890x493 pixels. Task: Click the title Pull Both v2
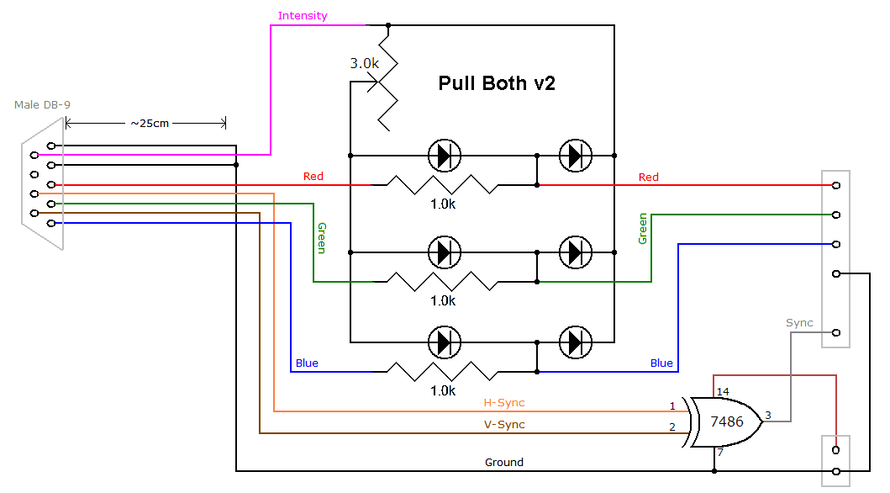click(x=497, y=84)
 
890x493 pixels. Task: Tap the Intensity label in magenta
click(x=303, y=16)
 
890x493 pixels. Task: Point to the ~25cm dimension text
click(x=149, y=123)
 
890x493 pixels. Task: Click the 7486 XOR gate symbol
click(x=726, y=421)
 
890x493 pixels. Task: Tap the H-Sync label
click(x=504, y=403)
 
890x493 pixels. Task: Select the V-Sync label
click(x=504, y=424)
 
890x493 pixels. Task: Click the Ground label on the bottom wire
click(x=504, y=462)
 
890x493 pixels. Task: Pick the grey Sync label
click(x=799, y=323)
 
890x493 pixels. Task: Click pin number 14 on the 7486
click(x=723, y=392)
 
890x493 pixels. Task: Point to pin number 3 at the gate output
click(x=768, y=415)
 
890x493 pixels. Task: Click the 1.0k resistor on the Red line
click(x=436, y=184)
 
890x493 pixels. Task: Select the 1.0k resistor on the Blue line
click(x=436, y=371)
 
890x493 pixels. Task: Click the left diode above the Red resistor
click(x=444, y=156)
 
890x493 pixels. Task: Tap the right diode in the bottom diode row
click(x=575, y=342)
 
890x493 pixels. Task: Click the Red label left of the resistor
click(x=313, y=177)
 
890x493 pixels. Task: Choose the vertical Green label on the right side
click(x=643, y=229)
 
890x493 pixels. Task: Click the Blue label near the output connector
click(x=661, y=363)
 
